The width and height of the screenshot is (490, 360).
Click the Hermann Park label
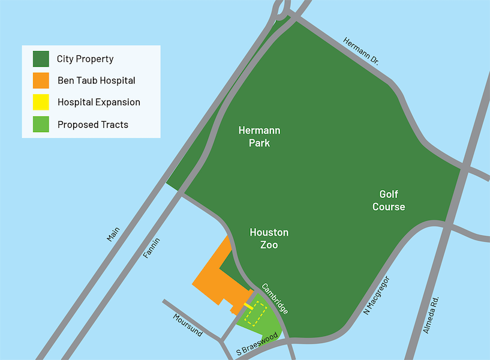(x=259, y=137)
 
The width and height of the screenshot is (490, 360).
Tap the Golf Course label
(x=389, y=200)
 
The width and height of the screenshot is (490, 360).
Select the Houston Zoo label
(x=269, y=238)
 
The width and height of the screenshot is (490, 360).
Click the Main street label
(x=113, y=233)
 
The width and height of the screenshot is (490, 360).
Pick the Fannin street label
(x=152, y=248)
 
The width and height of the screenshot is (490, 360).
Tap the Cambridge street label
(x=275, y=299)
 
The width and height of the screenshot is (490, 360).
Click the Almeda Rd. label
(x=431, y=315)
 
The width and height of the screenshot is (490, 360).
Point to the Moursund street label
(x=188, y=325)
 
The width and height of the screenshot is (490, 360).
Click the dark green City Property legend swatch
(x=41, y=59)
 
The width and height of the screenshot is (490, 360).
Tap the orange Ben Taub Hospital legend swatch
(x=41, y=80)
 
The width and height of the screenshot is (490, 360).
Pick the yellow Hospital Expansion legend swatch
(x=41, y=102)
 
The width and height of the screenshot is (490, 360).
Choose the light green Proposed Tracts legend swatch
(x=41, y=124)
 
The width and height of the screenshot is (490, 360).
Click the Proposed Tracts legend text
(x=93, y=125)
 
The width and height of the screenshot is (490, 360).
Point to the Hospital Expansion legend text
(x=99, y=103)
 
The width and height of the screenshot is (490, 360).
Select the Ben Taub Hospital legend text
(x=97, y=80)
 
